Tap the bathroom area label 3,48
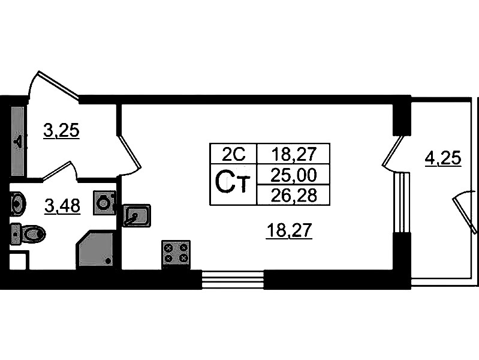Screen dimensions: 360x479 pyautogui.click(x=62, y=206)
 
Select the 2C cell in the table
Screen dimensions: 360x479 pyautogui.click(x=233, y=154)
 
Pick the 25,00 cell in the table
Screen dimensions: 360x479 pyautogui.click(x=293, y=175)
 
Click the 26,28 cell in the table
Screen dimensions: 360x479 pyautogui.click(x=293, y=194)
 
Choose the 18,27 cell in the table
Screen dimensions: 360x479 pyautogui.click(x=293, y=154)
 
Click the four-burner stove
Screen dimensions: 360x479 pyautogui.click(x=176, y=253)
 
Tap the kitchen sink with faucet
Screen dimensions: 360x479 pyautogui.click(x=136, y=214)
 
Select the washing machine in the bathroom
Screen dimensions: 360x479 pyautogui.click(x=104, y=203)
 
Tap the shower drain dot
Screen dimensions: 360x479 pyautogui.click(x=108, y=262)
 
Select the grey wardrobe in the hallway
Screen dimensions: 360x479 pyautogui.click(x=17, y=142)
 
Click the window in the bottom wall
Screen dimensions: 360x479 pyautogui.click(x=232, y=280)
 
